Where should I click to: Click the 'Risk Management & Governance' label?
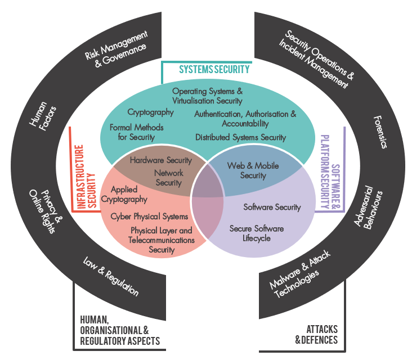tap(115, 53)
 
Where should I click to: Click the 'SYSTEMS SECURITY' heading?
tap(214, 69)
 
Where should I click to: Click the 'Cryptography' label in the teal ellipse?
tap(150, 112)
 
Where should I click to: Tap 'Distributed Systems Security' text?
tap(240, 137)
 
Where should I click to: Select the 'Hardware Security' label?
tap(160, 160)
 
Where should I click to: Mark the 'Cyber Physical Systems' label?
tap(149, 217)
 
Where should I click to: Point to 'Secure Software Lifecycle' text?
tap(256, 233)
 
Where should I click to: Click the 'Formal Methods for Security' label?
tap(136, 132)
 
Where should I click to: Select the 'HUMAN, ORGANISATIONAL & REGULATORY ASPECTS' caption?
tap(120, 330)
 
